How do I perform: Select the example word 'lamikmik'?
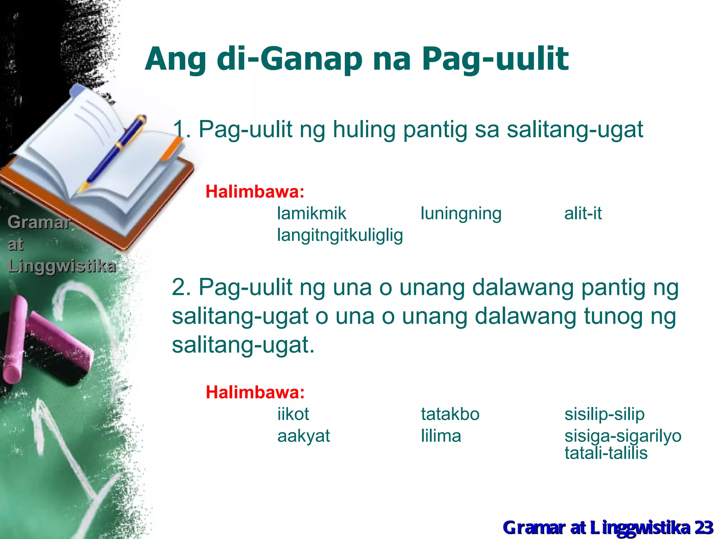point(311,213)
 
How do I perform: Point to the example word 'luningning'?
point(461,213)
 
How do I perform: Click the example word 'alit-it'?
point(583,213)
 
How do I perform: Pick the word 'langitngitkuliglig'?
point(340,235)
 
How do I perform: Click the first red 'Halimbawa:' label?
point(255,192)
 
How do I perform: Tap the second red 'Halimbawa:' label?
point(255,392)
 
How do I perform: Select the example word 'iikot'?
point(293,414)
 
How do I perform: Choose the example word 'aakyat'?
point(304,436)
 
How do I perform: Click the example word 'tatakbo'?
point(450,414)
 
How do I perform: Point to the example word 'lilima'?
point(441,436)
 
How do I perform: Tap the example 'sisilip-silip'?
point(604,414)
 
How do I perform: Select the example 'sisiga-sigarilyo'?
point(623,436)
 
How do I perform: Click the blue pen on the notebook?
point(116,151)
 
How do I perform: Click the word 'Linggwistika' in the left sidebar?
point(62,266)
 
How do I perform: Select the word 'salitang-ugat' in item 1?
point(575,129)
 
